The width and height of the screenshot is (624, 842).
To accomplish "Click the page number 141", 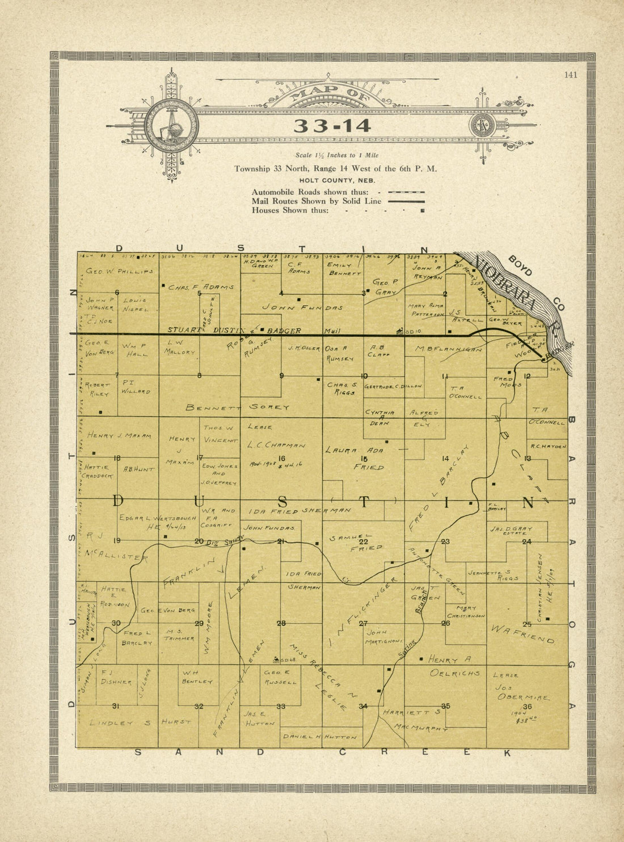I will pyautogui.click(x=571, y=75).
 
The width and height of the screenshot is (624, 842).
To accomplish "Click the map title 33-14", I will pyautogui.click(x=332, y=126).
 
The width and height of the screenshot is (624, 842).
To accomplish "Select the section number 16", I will pyautogui.click(x=281, y=458).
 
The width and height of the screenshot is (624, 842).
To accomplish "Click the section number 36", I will pyautogui.click(x=528, y=706).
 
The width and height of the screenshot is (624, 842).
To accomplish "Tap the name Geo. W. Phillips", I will pyautogui.click(x=119, y=272).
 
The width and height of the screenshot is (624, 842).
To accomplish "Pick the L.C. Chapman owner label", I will pyautogui.click(x=277, y=446).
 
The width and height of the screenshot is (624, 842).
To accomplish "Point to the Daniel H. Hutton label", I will pyautogui.click(x=321, y=737).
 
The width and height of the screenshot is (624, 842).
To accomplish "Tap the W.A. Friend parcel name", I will pyautogui.click(x=522, y=634).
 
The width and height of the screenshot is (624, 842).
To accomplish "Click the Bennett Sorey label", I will pyautogui.click(x=238, y=407).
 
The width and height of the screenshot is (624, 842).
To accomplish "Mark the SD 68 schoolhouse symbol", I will pyautogui.click(x=276, y=658).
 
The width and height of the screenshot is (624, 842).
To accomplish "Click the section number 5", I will pyautogui.click(x=199, y=293).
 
